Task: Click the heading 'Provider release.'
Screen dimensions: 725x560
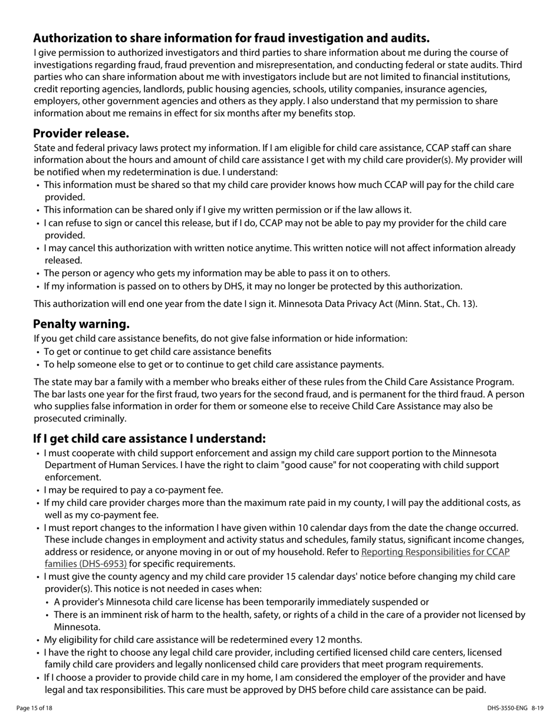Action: [81, 133]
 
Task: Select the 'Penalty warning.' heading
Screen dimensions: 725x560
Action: [81, 324]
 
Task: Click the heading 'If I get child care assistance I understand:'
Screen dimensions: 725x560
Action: [149, 439]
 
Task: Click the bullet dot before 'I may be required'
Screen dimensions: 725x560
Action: [38, 490]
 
